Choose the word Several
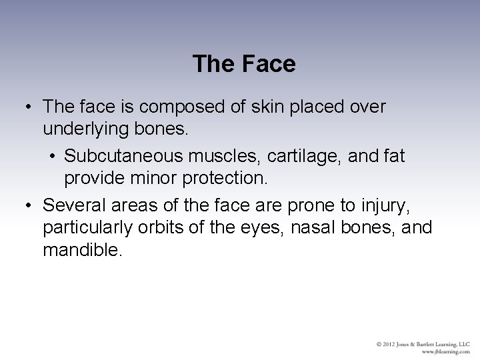point(73,204)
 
